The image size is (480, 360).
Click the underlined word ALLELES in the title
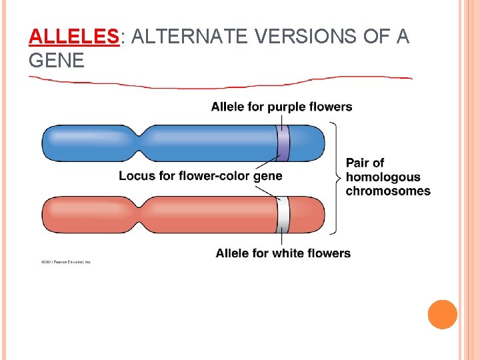(73, 36)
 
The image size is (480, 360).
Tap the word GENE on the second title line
(57, 61)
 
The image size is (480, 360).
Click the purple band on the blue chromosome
(283, 143)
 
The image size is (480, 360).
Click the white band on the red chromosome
(283, 215)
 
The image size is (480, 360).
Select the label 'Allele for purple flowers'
(281, 107)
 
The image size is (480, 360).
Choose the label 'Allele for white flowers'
(283, 253)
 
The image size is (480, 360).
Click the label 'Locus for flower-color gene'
(200, 176)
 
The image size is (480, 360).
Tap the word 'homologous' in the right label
(383, 177)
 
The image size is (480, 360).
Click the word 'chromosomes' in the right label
(388, 191)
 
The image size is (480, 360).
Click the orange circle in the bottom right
(442, 315)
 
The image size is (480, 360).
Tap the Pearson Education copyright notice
(65, 262)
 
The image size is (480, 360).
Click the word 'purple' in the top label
(285, 107)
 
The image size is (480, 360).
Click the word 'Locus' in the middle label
(136, 176)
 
